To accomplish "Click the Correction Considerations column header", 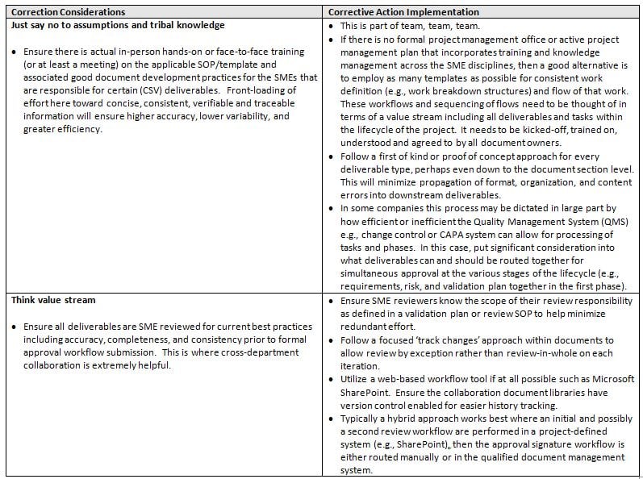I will (x=69, y=12).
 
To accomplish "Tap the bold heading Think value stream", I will (x=53, y=300).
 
